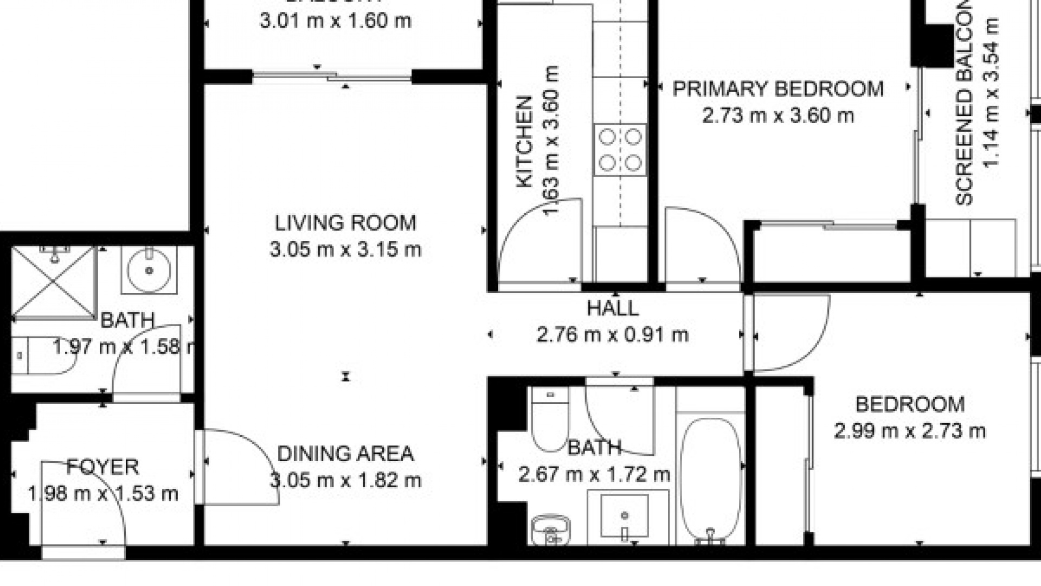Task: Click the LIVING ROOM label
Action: pyautogui.click(x=345, y=223)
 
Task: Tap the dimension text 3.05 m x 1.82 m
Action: pyautogui.click(x=345, y=480)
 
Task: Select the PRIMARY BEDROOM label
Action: pyautogui.click(x=777, y=89)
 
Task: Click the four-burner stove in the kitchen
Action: pyautogui.click(x=620, y=150)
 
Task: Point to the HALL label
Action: pyautogui.click(x=613, y=309)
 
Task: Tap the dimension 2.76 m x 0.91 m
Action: pyautogui.click(x=613, y=335)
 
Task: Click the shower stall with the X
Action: pyautogui.click(x=53, y=282)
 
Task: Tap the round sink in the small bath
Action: pyautogui.click(x=149, y=270)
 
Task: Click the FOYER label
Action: pyautogui.click(x=102, y=467)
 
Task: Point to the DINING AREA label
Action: pyautogui.click(x=345, y=454)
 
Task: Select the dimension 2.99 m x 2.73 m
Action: pyautogui.click(x=909, y=431)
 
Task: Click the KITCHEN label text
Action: pyautogui.click(x=524, y=142)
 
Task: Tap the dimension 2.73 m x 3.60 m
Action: pyautogui.click(x=777, y=116)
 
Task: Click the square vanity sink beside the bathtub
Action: pyautogui.click(x=625, y=515)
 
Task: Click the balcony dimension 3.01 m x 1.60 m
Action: pyautogui.click(x=335, y=21)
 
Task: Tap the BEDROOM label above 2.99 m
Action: pyautogui.click(x=909, y=405)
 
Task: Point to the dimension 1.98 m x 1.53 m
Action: pyautogui.click(x=102, y=494)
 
